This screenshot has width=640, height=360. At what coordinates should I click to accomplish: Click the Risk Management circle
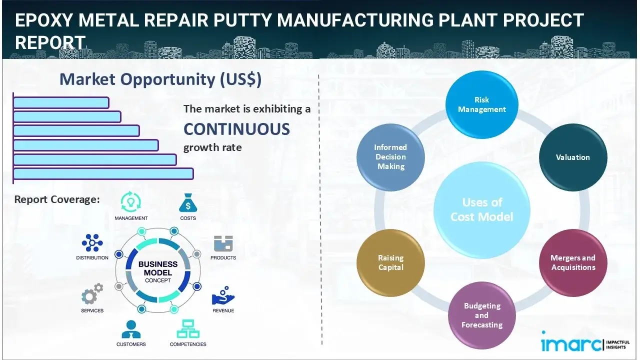click(482, 104)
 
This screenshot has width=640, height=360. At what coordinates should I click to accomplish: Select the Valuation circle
click(573, 157)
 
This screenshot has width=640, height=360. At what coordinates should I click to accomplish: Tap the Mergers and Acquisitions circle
click(573, 262)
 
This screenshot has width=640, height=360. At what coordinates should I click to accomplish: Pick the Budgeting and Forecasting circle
click(481, 315)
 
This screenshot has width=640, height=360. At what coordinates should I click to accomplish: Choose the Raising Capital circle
click(390, 262)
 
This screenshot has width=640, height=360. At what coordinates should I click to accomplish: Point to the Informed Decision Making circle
click(390, 157)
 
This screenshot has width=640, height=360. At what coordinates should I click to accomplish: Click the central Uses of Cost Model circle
click(481, 209)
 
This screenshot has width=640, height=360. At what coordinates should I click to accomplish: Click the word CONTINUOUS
click(236, 129)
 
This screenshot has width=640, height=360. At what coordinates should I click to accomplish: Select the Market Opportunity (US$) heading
click(160, 79)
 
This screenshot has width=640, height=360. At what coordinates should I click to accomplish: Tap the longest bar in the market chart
click(103, 173)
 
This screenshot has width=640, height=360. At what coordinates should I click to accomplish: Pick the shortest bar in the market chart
click(61, 102)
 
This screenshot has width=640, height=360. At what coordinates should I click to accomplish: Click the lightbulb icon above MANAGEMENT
click(131, 202)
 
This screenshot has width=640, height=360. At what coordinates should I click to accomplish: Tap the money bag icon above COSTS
click(188, 203)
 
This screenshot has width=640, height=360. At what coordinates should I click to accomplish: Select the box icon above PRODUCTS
click(223, 243)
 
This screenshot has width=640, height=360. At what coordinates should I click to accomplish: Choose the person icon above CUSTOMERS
click(131, 329)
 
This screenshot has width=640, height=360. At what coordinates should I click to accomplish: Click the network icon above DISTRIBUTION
click(92, 243)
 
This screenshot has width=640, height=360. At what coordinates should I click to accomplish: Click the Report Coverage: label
click(57, 199)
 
